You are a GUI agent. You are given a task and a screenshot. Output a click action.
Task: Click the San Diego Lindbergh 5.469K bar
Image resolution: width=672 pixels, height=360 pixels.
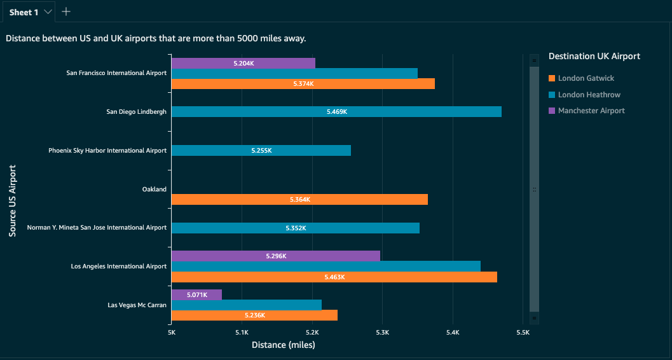[x=336, y=112]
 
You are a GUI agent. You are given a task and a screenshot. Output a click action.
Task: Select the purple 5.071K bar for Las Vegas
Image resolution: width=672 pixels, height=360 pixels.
[x=196, y=295]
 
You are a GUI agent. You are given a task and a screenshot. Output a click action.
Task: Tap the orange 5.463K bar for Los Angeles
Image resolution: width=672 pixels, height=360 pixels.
[x=334, y=277]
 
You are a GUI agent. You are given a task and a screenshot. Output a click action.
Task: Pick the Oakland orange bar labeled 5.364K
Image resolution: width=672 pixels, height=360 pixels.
[x=299, y=200]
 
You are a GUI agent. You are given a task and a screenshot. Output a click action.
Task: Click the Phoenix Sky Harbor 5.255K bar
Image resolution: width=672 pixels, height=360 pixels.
[x=261, y=151]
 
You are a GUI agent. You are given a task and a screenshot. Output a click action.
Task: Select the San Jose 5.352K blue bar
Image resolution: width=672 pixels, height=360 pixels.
[x=295, y=228]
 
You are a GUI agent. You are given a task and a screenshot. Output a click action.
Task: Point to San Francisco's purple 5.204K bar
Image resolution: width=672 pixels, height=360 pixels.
[x=243, y=64]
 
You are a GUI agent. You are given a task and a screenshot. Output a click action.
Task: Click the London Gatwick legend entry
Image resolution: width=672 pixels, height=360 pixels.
[x=586, y=78]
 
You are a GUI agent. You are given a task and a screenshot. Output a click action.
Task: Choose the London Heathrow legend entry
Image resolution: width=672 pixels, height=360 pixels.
[x=589, y=95]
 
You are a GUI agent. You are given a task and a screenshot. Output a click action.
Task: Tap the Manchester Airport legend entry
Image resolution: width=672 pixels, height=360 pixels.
[x=591, y=111]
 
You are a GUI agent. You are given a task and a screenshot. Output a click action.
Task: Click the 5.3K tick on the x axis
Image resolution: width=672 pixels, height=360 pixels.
[x=382, y=333]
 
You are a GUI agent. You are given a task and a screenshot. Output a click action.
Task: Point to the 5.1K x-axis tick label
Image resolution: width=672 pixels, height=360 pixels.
[x=242, y=333]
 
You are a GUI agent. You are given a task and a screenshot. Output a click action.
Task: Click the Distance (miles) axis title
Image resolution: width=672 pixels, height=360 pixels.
[x=284, y=345]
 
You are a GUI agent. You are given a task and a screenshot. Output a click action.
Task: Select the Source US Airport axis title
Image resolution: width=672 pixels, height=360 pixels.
[x=13, y=201]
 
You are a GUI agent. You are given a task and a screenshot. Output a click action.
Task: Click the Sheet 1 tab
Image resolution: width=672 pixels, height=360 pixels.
[x=24, y=11]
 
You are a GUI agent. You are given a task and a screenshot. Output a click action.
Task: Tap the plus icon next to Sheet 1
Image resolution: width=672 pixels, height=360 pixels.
[x=66, y=11]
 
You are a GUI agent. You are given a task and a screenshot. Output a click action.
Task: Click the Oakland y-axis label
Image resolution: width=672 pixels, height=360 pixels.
[x=154, y=190]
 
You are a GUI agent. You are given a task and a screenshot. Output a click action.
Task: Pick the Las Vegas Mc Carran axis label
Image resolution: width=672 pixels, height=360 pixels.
[x=137, y=305]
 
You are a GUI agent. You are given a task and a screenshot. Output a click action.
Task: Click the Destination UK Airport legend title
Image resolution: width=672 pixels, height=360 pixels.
[x=594, y=56]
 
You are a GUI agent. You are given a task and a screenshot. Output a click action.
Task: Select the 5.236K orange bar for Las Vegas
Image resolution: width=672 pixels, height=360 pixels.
[x=254, y=315]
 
